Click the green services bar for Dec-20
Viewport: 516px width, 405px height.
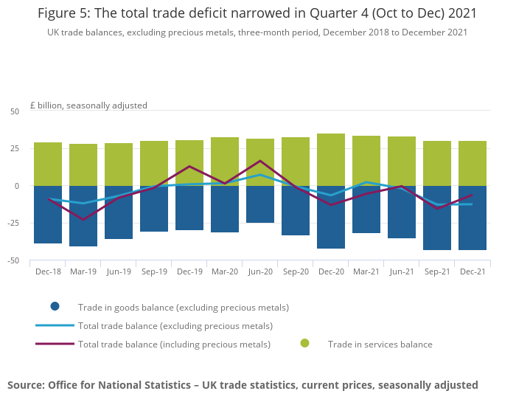pyautogui.click(x=331, y=159)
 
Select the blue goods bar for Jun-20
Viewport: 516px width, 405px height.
pyautogui.click(x=260, y=204)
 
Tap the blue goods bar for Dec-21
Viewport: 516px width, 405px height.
pyautogui.click(x=473, y=218)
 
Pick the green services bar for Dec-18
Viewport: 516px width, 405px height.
pyautogui.click(x=48, y=164)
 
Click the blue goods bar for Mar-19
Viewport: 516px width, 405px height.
pyautogui.click(x=83, y=216)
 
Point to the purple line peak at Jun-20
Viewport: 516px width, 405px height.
pyautogui.click(x=260, y=161)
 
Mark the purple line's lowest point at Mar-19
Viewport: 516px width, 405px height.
pyautogui.click(x=83, y=220)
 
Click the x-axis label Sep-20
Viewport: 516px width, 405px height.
pyautogui.click(x=296, y=271)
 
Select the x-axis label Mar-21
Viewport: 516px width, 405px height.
pyautogui.click(x=366, y=271)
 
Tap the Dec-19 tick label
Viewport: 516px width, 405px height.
pyautogui.click(x=189, y=271)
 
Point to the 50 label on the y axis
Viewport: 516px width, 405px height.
pyautogui.click(x=15, y=111)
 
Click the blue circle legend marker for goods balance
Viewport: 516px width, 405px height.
pyautogui.click(x=55, y=307)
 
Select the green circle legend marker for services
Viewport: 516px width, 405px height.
pyautogui.click(x=305, y=344)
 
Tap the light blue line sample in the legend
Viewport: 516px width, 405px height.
pyautogui.click(x=55, y=325)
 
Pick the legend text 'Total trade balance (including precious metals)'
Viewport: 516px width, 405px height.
pyautogui.click(x=174, y=344)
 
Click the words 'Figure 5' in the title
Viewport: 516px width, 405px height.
pyautogui.click(x=67, y=13)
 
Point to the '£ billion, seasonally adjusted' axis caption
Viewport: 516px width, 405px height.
pyautogui.click(x=88, y=105)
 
